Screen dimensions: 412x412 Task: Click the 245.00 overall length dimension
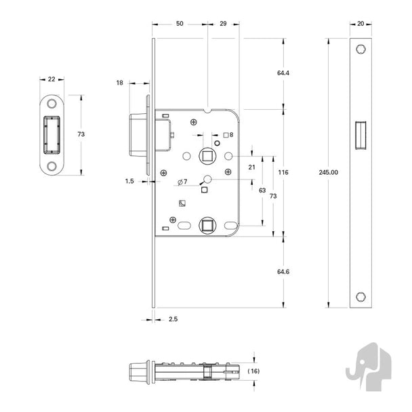328,172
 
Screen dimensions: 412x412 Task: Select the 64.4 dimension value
283,73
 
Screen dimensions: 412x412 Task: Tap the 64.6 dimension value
283,272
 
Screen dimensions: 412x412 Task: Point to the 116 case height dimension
283,172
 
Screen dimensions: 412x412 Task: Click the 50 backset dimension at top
180,24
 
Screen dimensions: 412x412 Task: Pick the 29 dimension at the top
223,24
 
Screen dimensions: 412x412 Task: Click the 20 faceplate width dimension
360,24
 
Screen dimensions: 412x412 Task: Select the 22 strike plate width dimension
52,79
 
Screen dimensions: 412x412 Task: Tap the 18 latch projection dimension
119,83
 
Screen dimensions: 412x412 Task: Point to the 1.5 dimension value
129,181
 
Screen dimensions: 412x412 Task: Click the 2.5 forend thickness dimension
173,319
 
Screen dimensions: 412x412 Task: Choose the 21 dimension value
251,167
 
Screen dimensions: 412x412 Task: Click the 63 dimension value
262,190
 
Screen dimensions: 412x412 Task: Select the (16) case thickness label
253,371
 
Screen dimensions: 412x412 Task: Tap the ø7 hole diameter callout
182,182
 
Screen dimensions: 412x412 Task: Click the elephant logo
369,367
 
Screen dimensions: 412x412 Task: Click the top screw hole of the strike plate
52,104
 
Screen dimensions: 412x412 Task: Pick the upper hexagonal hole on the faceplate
360,49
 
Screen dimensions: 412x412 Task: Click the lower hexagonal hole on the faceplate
360,297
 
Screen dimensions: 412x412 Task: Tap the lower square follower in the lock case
207,226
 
